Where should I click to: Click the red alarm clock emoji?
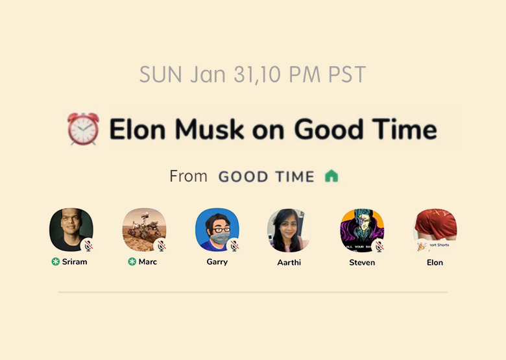click(x=83, y=128)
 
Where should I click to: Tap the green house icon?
click(x=331, y=176)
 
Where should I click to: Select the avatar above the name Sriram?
click(x=71, y=230)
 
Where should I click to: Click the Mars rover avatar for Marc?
click(x=144, y=230)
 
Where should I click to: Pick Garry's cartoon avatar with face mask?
click(x=217, y=230)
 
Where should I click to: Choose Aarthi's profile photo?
click(x=289, y=230)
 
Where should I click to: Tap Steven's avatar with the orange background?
click(x=362, y=230)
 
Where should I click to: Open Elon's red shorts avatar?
click(x=435, y=230)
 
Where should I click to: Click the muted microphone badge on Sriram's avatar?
click(x=88, y=246)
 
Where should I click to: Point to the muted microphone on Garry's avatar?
click(x=234, y=246)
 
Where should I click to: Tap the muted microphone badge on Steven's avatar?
click(x=379, y=246)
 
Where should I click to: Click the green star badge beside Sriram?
click(x=56, y=261)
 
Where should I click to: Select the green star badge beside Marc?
click(x=132, y=261)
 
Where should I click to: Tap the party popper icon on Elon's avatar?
click(x=421, y=246)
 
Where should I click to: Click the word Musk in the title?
click(x=209, y=129)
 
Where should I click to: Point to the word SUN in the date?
click(x=161, y=74)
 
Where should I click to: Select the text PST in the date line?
click(x=347, y=74)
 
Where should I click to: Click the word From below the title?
click(x=189, y=176)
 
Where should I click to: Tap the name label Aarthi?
click(x=289, y=263)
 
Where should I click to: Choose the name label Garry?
click(x=217, y=262)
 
